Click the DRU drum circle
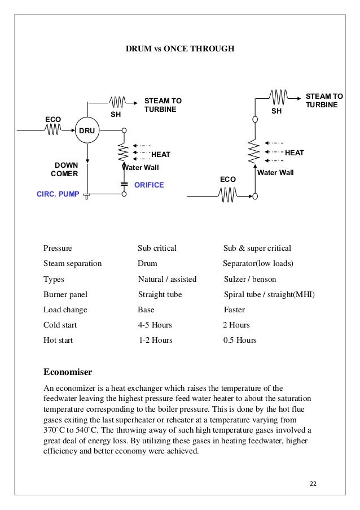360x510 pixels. pos(87,130)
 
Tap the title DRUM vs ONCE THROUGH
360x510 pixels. pos(179,49)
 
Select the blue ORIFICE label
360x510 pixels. pos(149,185)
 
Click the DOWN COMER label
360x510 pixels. pos(66,169)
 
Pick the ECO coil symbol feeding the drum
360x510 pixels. pos(53,130)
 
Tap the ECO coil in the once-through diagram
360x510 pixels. pos(228,195)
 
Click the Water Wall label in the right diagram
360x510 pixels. pos(276,172)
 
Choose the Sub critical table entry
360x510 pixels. pos(157,248)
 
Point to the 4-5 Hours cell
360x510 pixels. pos(155,325)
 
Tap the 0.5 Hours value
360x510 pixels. pos(240,341)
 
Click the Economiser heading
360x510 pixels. pos(68,372)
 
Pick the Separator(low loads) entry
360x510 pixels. pos(258,263)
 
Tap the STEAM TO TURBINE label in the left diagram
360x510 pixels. pos(163,104)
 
